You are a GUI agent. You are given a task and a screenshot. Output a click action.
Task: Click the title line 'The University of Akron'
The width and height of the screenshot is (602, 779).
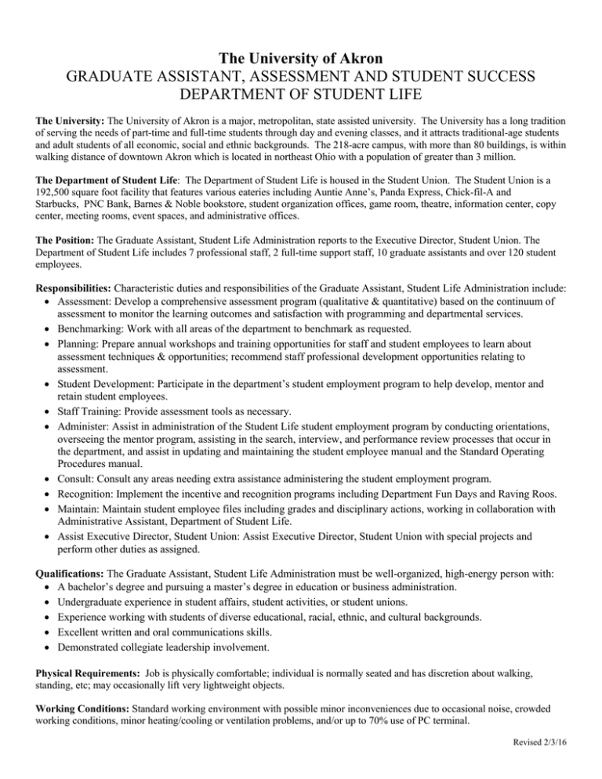[x=301, y=58]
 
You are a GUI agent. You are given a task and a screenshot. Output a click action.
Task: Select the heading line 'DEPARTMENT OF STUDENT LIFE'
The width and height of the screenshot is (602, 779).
[x=301, y=96]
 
